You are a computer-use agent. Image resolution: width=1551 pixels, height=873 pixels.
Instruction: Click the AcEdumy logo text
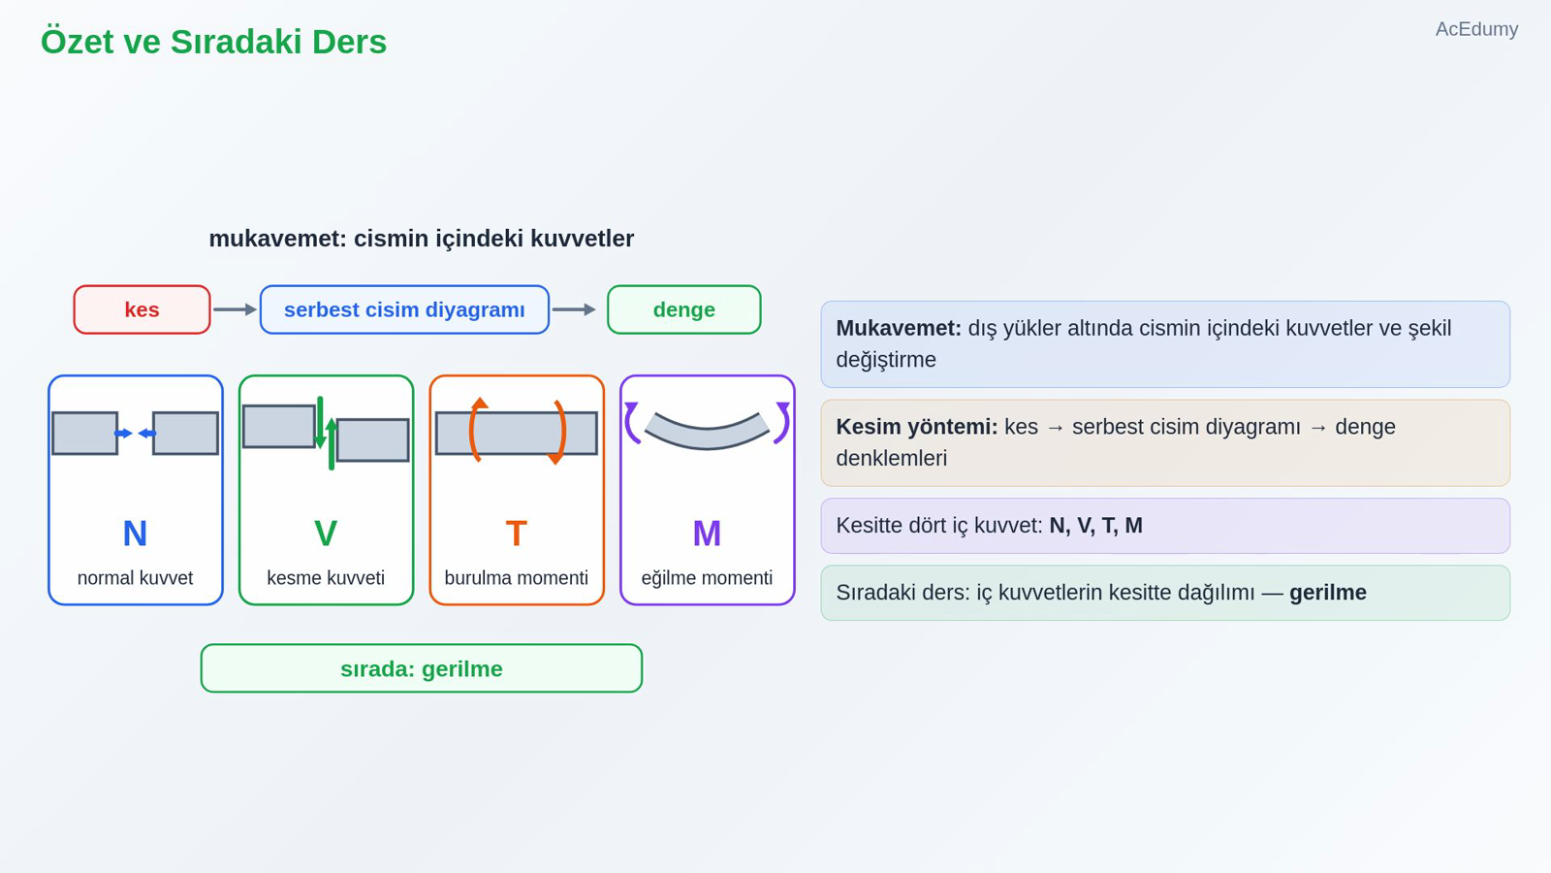coord(1476,29)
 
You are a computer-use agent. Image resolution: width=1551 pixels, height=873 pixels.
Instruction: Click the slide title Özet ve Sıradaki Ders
coord(213,42)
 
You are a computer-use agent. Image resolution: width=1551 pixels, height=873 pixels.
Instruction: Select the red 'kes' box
coord(142,309)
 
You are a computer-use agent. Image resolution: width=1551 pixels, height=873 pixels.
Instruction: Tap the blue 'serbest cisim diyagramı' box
coord(404,309)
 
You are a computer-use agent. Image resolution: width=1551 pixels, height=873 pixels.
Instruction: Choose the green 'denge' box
coord(684,309)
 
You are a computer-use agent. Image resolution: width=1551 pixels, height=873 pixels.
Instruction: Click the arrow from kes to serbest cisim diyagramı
coord(235,309)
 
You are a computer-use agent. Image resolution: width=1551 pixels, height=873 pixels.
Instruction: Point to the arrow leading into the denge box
coord(574,309)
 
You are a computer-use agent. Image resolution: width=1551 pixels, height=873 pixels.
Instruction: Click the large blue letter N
coord(135,533)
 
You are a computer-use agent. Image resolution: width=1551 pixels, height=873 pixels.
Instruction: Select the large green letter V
coord(326,533)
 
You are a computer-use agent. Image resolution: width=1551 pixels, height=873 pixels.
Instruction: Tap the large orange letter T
coord(517,533)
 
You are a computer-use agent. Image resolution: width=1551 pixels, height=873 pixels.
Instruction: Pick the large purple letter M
coord(707,533)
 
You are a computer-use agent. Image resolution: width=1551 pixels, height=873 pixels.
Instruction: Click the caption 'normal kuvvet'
coord(135,578)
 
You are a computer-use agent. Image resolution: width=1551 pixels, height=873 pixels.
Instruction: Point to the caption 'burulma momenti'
coord(517,578)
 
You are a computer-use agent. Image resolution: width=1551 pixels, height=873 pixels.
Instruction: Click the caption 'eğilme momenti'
coord(707,578)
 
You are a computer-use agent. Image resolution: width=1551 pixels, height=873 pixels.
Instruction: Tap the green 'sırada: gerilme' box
coord(422,668)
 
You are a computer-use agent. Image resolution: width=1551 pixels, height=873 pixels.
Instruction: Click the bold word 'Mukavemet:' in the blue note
coord(899,329)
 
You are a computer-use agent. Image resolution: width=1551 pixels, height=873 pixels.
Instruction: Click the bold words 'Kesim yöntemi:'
coord(917,427)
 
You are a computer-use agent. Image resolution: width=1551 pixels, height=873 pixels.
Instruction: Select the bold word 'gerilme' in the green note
coord(1328,593)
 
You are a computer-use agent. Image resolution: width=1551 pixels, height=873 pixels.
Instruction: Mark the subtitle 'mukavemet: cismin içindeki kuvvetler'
coord(421,239)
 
